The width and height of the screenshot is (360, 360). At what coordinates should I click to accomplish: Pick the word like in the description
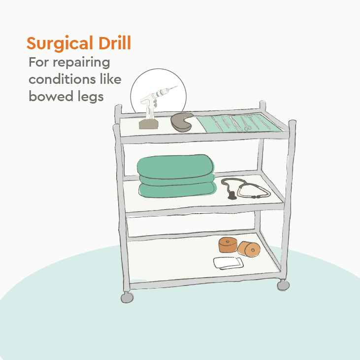click(x=110, y=79)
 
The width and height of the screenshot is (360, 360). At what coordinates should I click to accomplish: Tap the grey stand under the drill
click(x=148, y=123)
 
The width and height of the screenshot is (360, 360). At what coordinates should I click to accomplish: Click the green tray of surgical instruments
click(x=239, y=124)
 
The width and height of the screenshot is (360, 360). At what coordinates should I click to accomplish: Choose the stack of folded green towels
click(x=177, y=176)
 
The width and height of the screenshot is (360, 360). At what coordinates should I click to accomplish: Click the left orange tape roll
click(x=228, y=245)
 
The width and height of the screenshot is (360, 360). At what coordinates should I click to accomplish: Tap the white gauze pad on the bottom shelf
click(x=228, y=263)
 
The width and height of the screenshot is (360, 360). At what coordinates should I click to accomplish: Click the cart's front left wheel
click(x=127, y=297)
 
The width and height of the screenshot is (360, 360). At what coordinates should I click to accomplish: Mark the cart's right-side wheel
click(x=283, y=285)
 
